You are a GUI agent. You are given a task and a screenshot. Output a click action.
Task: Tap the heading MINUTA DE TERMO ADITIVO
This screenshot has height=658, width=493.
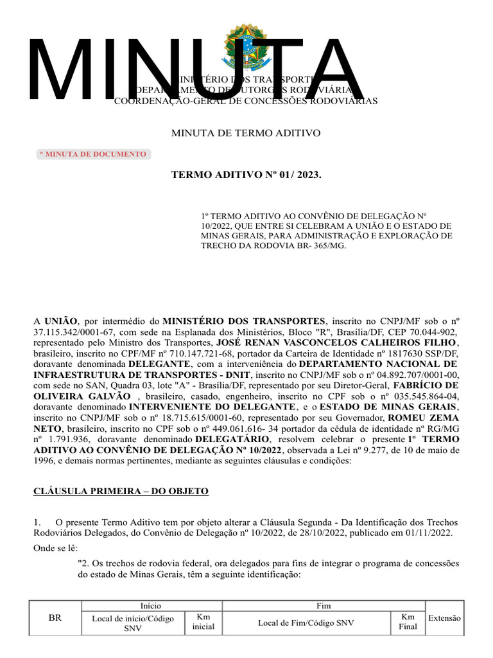(245, 133)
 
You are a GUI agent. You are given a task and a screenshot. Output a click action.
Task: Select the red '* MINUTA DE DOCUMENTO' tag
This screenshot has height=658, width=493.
(93, 154)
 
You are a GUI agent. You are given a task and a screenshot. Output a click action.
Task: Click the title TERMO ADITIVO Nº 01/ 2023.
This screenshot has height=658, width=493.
(245, 175)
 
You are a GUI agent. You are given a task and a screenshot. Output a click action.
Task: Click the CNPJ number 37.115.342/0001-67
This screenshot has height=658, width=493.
(72, 332)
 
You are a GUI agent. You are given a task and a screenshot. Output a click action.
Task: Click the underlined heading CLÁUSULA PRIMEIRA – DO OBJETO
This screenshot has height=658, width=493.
(121, 491)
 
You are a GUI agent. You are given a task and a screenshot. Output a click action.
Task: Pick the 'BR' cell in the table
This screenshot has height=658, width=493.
(55, 618)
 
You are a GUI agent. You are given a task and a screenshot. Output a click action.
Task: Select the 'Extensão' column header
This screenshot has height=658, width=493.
(444, 618)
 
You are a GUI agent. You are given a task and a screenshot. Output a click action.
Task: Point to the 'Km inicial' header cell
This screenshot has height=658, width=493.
(199, 621)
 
